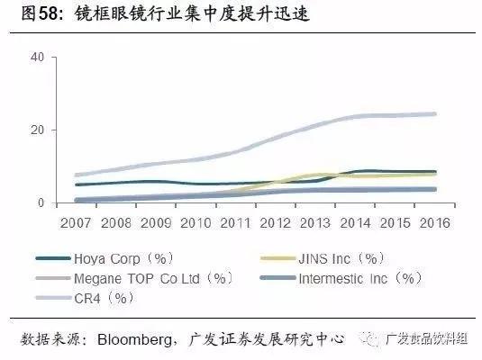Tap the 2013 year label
(x=314, y=221)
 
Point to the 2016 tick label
(x=434, y=221)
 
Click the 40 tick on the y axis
(x=36, y=57)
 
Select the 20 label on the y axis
(x=36, y=130)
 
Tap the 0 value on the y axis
(x=40, y=203)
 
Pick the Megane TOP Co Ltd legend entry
(x=149, y=278)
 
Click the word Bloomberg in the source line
(x=129, y=339)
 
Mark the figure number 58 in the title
(x=45, y=15)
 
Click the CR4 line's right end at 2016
(x=435, y=114)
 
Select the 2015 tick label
(x=395, y=221)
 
